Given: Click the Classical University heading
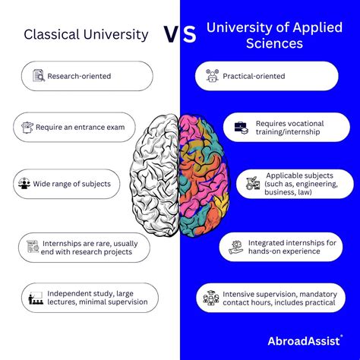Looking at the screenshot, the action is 86,35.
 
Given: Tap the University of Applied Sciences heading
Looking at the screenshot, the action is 274,35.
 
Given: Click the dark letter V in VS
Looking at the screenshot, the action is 172,34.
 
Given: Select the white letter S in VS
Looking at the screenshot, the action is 189,34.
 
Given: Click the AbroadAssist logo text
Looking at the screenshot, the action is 304,341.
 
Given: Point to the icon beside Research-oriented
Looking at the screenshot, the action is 39,75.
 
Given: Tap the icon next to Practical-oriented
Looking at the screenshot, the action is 212,75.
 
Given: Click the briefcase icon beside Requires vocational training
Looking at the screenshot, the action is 241,128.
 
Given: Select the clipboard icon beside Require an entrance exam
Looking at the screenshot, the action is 27,127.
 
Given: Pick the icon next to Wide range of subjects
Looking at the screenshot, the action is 24,183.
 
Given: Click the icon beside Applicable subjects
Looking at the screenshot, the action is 253,183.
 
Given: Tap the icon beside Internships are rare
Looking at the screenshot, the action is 33,247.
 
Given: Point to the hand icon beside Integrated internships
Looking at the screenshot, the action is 235,248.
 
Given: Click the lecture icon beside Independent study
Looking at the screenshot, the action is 35,298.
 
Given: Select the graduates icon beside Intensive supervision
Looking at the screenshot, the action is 211,298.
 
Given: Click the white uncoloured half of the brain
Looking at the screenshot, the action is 154,175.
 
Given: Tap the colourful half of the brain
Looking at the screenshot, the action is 204,175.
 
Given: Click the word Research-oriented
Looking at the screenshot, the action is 79,76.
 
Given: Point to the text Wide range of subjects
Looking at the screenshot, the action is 72,184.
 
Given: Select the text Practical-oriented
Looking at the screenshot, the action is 254,76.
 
